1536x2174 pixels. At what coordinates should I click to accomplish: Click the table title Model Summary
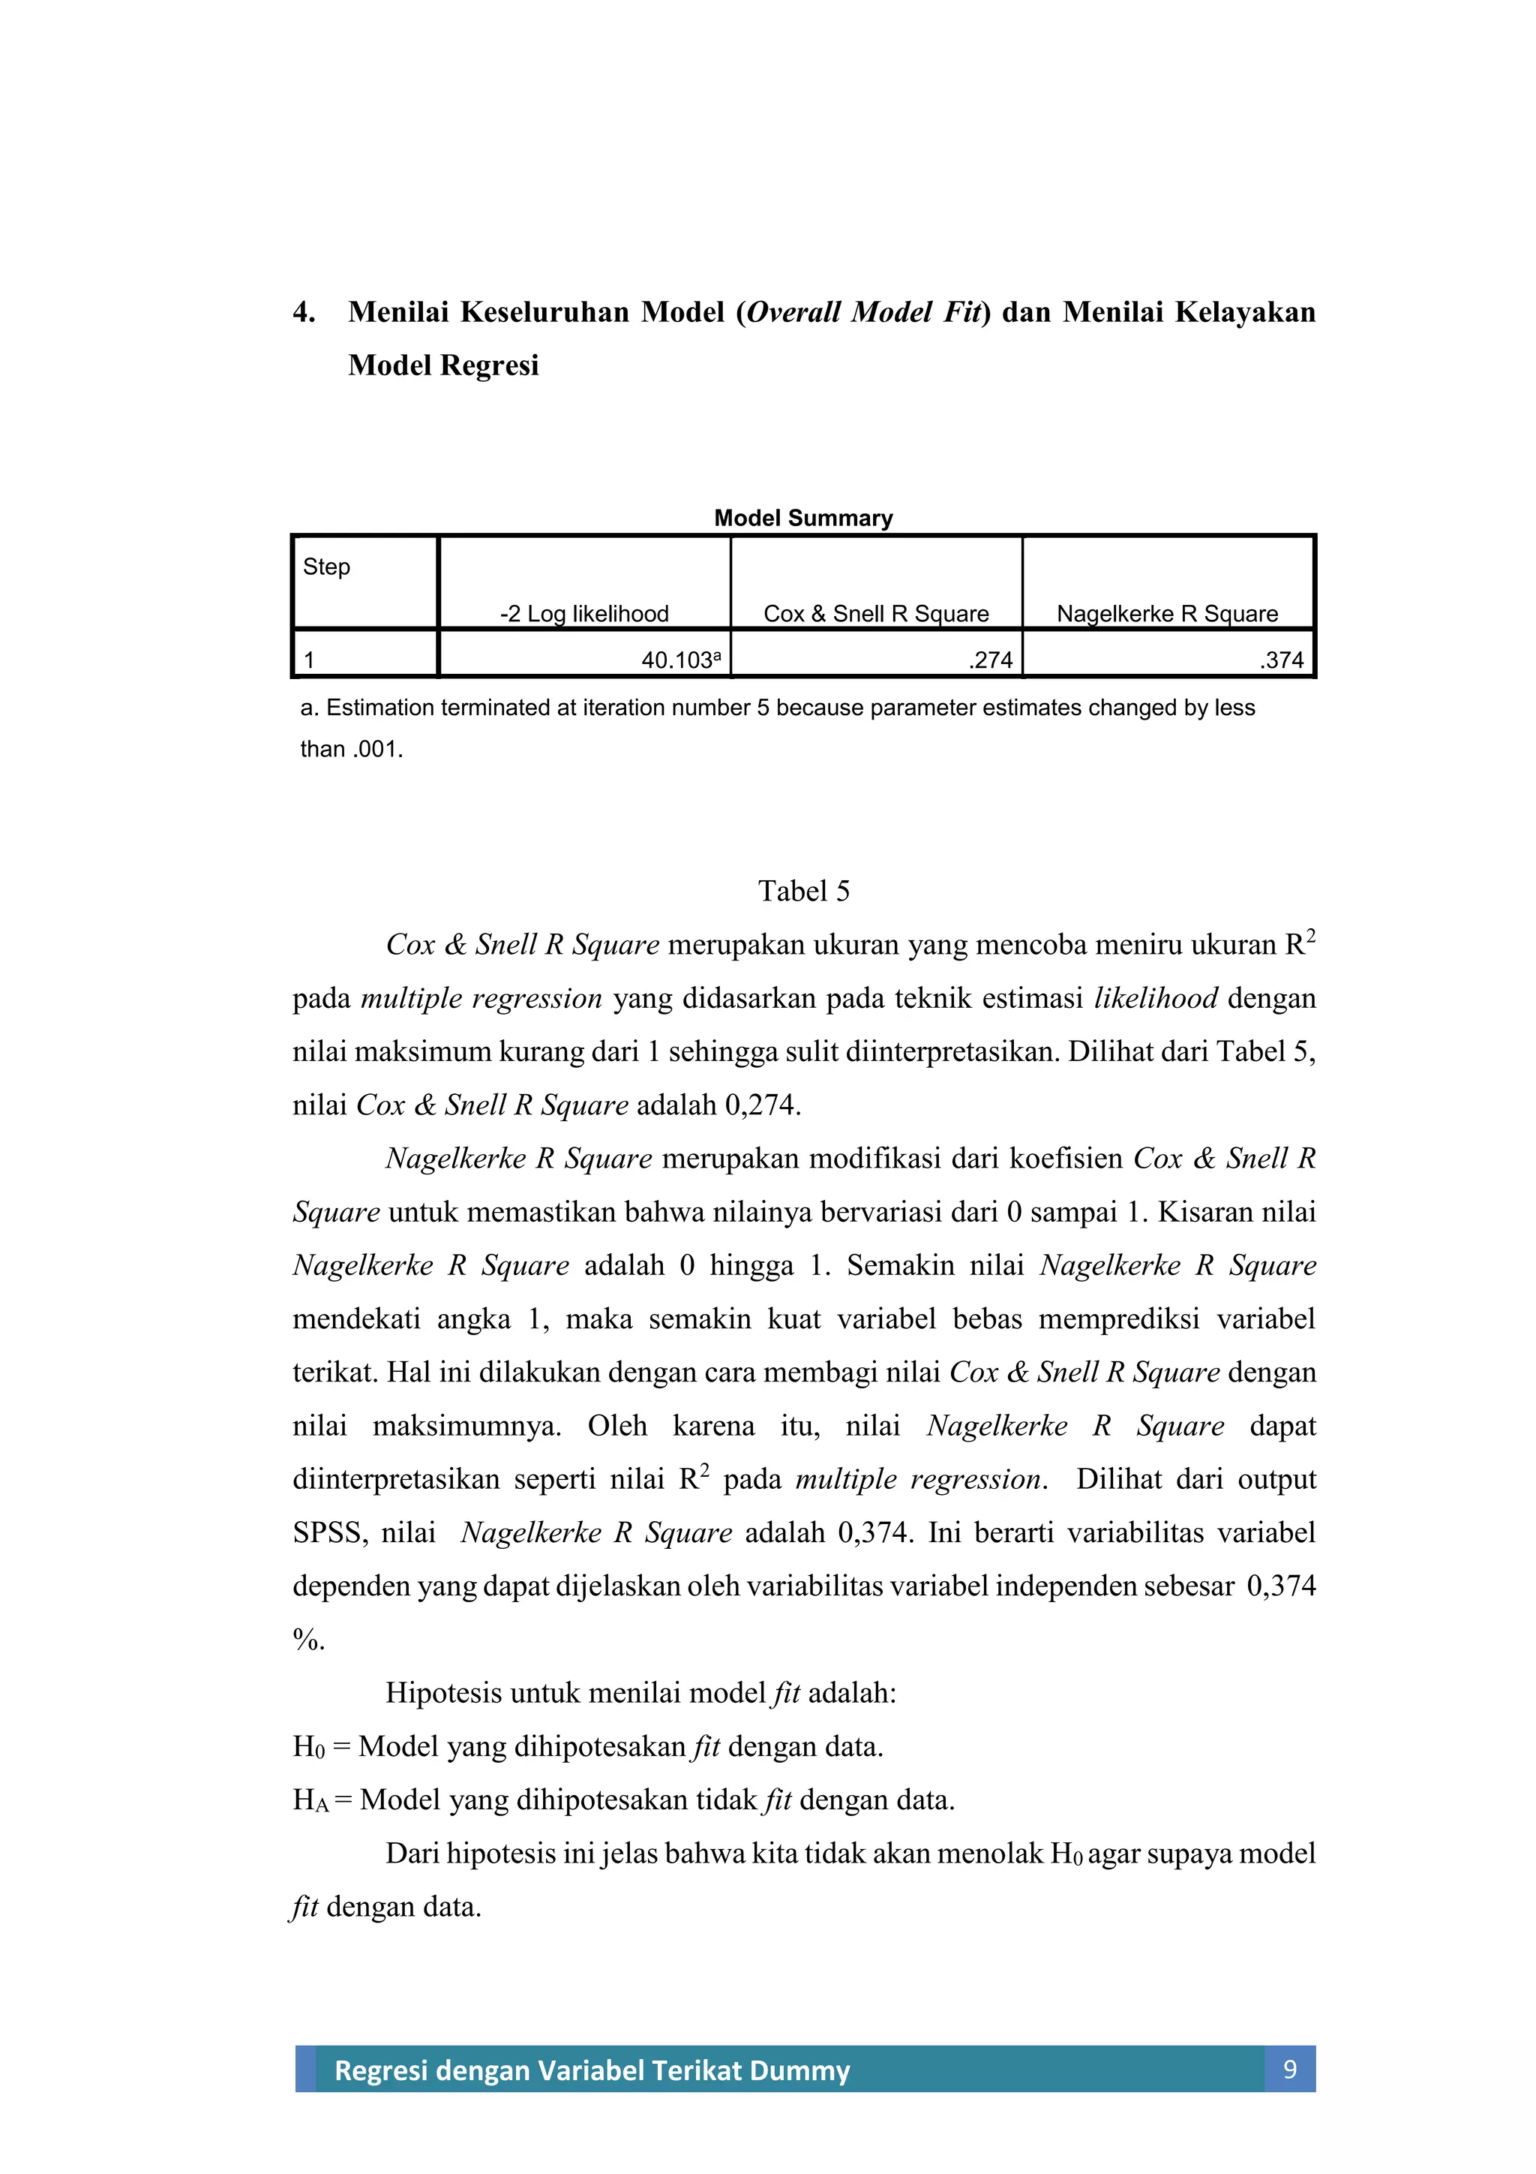click(x=802, y=518)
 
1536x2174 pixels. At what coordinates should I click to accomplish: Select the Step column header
click(x=326, y=567)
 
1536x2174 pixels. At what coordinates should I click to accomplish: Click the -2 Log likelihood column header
click(x=584, y=614)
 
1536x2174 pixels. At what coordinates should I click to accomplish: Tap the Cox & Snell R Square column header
click(x=875, y=614)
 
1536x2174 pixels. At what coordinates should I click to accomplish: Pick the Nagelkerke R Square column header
click(x=1167, y=614)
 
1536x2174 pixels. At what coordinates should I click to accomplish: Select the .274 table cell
click(x=990, y=660)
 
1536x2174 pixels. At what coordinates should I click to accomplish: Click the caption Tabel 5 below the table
click(x=803, y=891)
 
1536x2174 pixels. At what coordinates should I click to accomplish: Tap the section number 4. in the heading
click(x=304, y=312)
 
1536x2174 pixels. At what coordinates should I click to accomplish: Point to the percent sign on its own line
click(x=307, y=1640)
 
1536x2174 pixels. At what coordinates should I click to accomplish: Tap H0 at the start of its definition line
click(x=307, y=1747)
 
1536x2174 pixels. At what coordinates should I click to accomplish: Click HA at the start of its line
click(x=310, y=1800)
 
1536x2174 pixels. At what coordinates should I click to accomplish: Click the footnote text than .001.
click(x=351, y=749)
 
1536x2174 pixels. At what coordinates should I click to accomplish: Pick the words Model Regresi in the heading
click(x=443, y=365)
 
